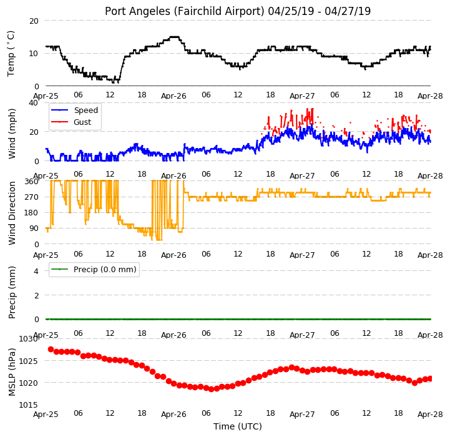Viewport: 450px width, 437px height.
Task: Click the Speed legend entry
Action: click(75, 110)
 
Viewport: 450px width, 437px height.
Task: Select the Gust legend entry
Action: click(71, 122)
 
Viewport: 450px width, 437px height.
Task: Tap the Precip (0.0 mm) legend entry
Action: click(94, 269)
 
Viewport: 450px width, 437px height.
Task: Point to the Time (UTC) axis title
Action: click(238, 426)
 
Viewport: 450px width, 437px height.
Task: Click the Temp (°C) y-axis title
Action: click(11, 54)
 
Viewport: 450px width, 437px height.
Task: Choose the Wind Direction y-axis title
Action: click(12, 213)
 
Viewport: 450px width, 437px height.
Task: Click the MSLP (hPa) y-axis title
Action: click(12, 372)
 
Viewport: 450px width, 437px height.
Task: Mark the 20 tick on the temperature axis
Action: click(34, 21)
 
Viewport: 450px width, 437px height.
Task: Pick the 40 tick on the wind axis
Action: click(34, 103)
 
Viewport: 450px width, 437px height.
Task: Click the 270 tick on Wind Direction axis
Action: click(32, 197)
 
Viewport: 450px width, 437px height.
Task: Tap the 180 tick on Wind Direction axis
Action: click(32, 213)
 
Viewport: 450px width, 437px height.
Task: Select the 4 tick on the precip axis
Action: click(36, 271)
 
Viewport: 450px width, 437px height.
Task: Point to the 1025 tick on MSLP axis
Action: click(29, 361)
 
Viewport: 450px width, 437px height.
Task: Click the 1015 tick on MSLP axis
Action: click(29, 405)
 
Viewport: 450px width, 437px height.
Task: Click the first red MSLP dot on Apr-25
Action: click(51, 350)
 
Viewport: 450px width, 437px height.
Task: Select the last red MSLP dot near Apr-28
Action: click(430, 379)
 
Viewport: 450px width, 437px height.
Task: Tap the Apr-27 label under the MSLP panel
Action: click(302, 415)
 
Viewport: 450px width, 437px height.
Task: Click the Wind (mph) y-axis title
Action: click(12, 134)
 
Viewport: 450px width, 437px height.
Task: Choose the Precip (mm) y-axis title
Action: click(12, 293)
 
